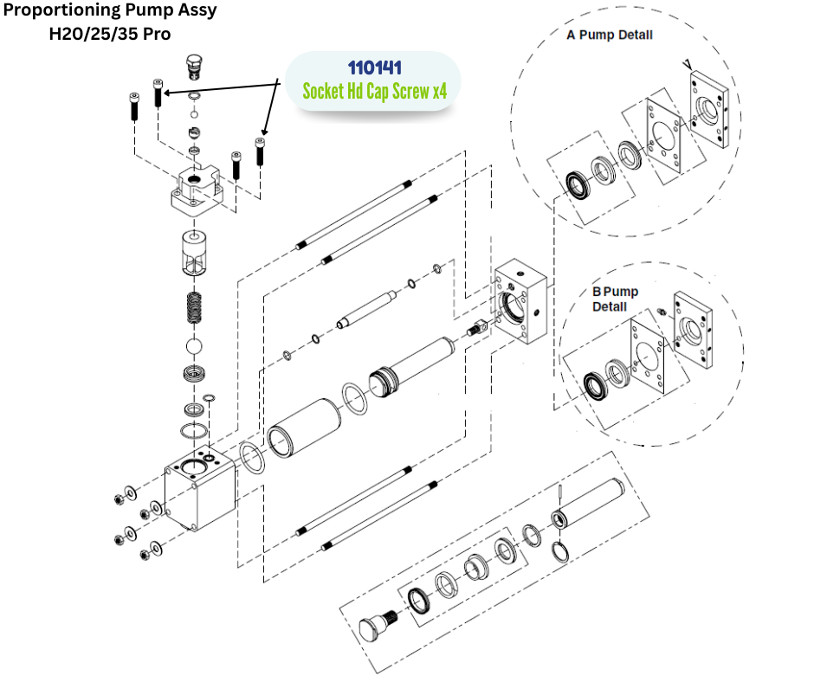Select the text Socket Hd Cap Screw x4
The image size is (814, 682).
(x=374, y=90)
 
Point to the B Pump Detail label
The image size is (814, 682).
(x=615, y=299)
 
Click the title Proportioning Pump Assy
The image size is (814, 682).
(x=111, y=12)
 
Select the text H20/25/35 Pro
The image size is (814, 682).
(x=110, y=35)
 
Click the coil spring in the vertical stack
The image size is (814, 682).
(x=196, y=307)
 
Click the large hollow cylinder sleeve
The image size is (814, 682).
(x=303, y=428)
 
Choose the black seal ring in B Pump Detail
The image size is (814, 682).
(x=595, y=381)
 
